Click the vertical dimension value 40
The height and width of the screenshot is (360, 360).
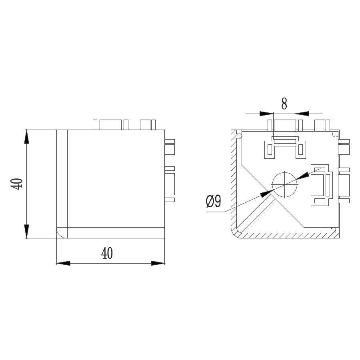coord(17,184)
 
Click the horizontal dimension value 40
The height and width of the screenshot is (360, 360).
coord(107,253)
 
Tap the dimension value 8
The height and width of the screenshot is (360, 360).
coord(284,104)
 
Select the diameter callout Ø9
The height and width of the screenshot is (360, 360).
coord(214,201)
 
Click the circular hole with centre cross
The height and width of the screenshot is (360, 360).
coord(285,184)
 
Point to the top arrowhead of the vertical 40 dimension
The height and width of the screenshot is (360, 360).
coord(27,137)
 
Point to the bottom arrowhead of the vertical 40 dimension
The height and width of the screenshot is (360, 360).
coord(27,232)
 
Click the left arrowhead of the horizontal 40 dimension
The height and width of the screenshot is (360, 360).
coord(63,263)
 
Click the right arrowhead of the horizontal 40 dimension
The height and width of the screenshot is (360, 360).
coord(158,263)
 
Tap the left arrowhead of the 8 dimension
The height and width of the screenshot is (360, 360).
coord(266,114)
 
